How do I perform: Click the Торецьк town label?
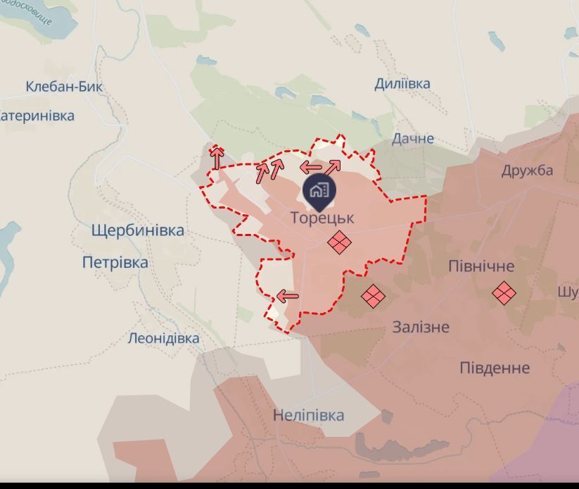click(322, 218)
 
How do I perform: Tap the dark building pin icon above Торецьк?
click(319, 190)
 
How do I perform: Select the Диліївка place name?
click(402, 83)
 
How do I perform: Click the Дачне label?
click(413, 138)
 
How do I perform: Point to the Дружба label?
click(527, 171)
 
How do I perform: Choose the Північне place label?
click(481, 266)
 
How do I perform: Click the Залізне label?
click(421, 327)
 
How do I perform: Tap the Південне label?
click(495, 368)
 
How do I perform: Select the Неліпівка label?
click(308, 415)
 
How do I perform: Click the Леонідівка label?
click(163, 338)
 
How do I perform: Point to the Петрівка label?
click(115, 263)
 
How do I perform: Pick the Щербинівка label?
click(137, 230)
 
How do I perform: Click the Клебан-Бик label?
click(64, 87)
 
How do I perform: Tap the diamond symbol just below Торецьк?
click(340, 244)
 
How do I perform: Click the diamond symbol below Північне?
click(504, 293)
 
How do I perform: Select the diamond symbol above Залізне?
click(373, 297)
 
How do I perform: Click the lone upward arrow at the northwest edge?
click(217, 157)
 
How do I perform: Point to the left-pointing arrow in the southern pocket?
click(288, 297)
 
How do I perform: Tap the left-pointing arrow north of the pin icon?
click(310, 168)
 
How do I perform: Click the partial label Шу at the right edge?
click(568, 292)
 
